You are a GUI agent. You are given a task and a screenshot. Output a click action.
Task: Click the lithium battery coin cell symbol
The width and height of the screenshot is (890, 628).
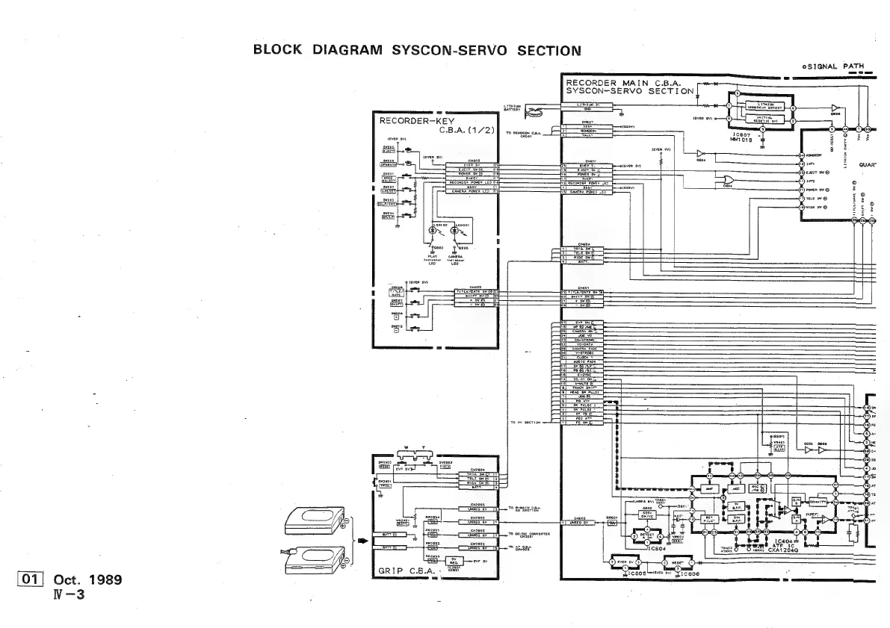pyautogui.click(x=537, y=114)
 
